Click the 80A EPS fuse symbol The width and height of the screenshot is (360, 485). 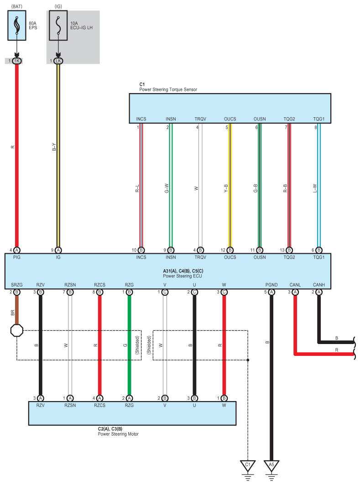pyautogui.click(x=17, y=26)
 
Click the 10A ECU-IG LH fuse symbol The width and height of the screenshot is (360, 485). pyautogui.click(x=58, y=26)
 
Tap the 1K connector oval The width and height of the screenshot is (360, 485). pyautogui.click(x=17, y=61)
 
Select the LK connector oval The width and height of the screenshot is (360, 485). pyautogui.click(x=58, y=61)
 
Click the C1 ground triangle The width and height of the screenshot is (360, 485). pyautogui.click(x=248, y=465)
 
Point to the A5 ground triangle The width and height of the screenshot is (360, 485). pyautogui.click(x=271, y=465)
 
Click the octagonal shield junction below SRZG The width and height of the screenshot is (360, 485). pyautogui.click(x=17, y=330)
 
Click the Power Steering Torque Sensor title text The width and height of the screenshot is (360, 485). pyautogui.click(x=168, y=89)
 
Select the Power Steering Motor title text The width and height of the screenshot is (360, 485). pyautogui.click(x=118, y=434)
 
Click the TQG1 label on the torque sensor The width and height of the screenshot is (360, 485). pyautogui.click(x=319, y=119)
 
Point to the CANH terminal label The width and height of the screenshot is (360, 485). pyautogui.click(x=319, y=285)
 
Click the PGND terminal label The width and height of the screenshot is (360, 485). pyautogui.click(x=271, y=285)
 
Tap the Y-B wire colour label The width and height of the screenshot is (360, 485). pyautogui.click(x=226, y=188)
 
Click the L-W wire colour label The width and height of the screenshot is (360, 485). pyautogui.click(x=314, y=188)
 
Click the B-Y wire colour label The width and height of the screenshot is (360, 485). pyautogui.click(x=54, y=147)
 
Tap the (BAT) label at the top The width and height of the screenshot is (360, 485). pyautogui.click(x=17, y=6)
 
